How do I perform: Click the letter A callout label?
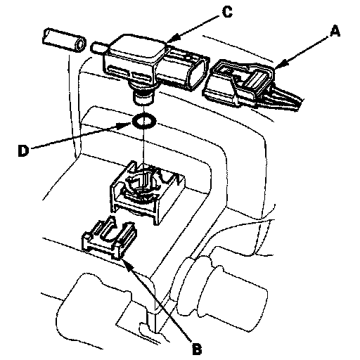pos(335,32)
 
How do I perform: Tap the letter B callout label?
pos(197,349)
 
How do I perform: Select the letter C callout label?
pos(227,12)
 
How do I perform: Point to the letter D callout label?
pos(23,150)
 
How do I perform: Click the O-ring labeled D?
pos(144,122)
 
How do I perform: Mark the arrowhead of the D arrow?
pos(126,126)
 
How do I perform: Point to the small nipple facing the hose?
pos(99,48)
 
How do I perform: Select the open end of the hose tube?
pos(79,44)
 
